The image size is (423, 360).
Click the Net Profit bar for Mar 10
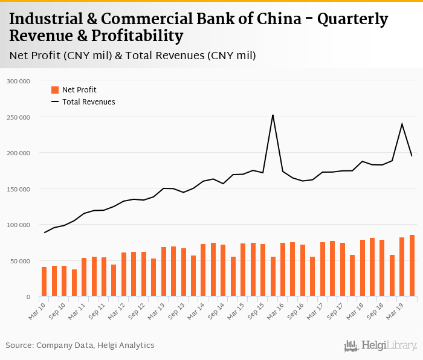tap(44, 281)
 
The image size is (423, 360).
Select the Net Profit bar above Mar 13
tap(164, 272)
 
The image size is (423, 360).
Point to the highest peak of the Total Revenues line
tap(273, 115)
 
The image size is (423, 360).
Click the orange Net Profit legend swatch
tap(55, 90)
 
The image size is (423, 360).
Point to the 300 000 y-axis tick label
tap(18, 80)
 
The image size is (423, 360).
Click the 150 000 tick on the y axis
tap(18, 189)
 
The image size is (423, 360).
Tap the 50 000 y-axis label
tap(20, 261)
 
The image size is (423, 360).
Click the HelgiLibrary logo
tap(381, 346)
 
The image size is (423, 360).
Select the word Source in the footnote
tap(19, 346)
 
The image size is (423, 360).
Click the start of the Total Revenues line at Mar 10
tap(44, 233)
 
